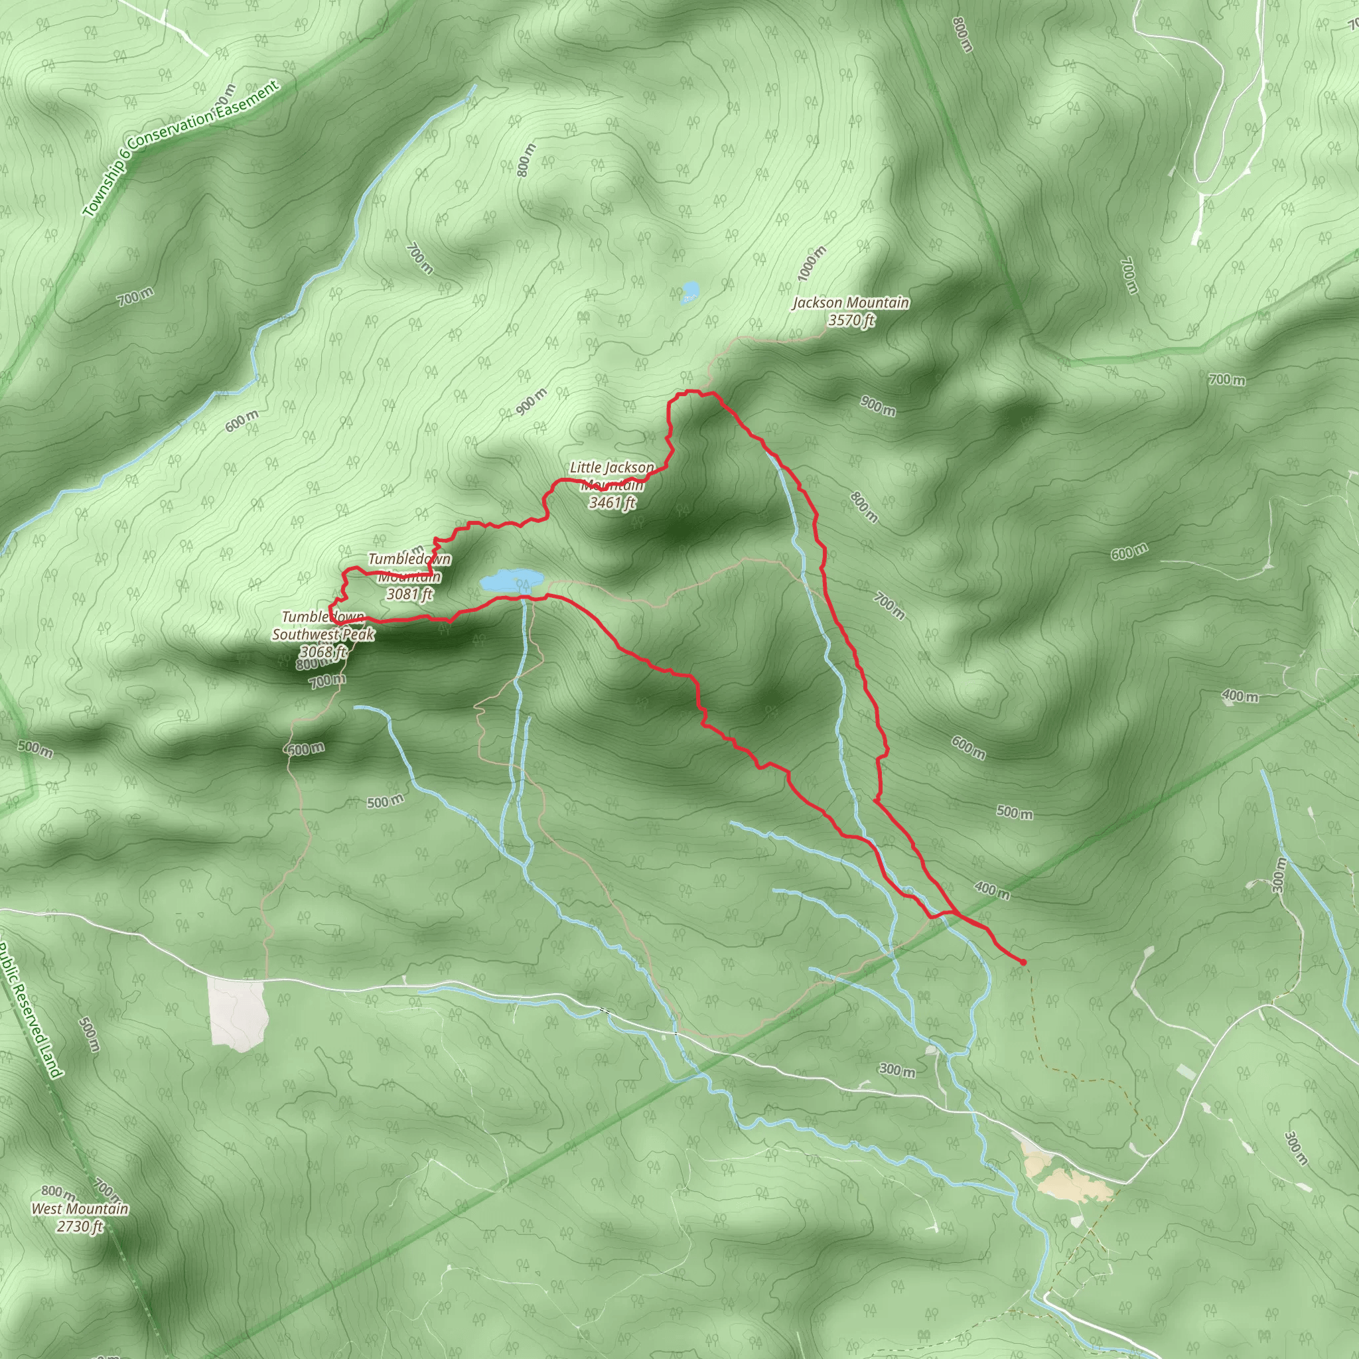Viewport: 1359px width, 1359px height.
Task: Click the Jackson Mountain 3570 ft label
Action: (x=851, y=312)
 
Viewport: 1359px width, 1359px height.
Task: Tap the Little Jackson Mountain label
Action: (x=611, y=476)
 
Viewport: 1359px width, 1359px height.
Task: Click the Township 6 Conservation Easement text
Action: (x=180, y=149)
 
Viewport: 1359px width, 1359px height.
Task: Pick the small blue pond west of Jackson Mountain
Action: (x=690, y=291)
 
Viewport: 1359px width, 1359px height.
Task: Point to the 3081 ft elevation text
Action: (x=409, y=595)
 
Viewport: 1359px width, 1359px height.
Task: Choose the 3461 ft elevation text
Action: (x=612, y=502)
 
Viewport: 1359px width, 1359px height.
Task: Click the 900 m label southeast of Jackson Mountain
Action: (x=878, y=406)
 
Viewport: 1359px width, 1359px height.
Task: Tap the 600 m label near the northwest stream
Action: (x=242, y=421)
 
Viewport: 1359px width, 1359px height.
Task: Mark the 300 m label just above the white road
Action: (x=897, y=1070)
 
